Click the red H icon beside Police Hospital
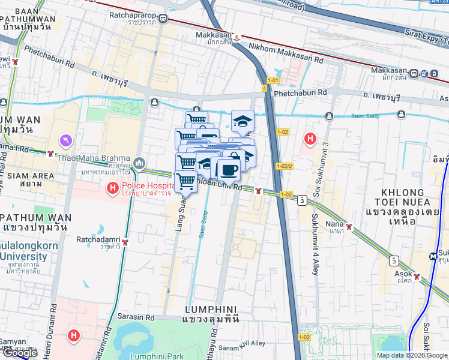click(112, 189)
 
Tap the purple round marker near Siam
click(66, 140)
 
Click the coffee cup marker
click(228, 169)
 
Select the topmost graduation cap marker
click(242, 121)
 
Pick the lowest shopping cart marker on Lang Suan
click(186, 181)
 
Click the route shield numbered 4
click(264, 89)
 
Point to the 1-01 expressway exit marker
click(273, 80)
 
